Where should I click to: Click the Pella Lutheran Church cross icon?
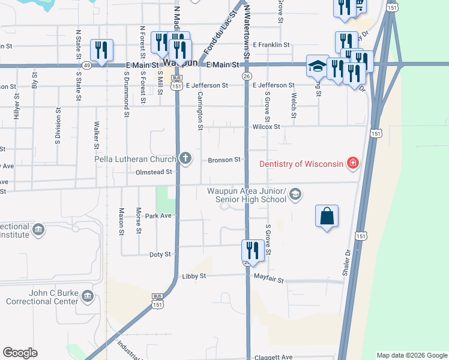coord(185,158)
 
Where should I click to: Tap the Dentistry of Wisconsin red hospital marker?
coord(353,163)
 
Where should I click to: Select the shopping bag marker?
coord(327,217)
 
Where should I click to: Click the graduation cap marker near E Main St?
coord(317,67)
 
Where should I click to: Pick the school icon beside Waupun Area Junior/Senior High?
coord(295,194)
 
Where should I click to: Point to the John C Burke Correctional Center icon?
coord(88,296)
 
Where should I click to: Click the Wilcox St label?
coord(266,127)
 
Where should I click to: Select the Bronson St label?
coord(224,160)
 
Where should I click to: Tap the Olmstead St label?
coord(153,172)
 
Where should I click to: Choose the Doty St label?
coord(160,254)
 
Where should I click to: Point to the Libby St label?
coord(194,276)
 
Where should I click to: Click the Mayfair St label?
coord(268,280)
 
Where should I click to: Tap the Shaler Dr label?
coord(346,263)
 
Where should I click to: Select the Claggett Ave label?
coord(275,357)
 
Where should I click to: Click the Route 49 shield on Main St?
coord(87,65)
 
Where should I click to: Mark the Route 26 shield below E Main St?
coord(247,76)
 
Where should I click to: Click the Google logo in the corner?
coord(20,353)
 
